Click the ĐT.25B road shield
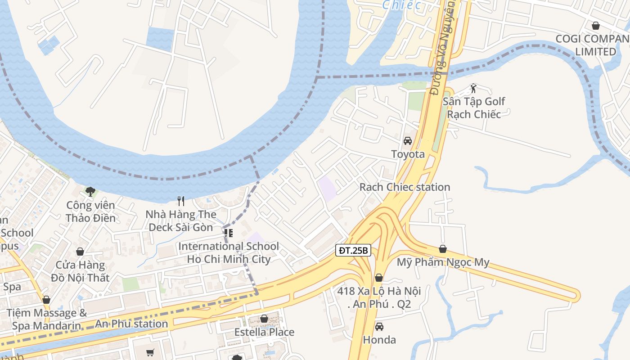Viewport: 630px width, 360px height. pyautogui.click(x=353, y=251)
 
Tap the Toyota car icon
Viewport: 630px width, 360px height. pyautogui.click(x=408, y=141)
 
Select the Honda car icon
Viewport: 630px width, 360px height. pyautogui.click(x=379, y=327)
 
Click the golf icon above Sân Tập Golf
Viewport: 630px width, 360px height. pyautogui.click(x=473, y=88)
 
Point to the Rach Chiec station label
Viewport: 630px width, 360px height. pyautogui.click(x=405, y=187)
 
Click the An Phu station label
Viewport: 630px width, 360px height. pyautogui.click(x=131, y=324)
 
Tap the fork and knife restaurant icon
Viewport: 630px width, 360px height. pyautogui.click(x=181, y=201)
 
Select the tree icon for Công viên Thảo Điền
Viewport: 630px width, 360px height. pyautogui.click(x=90, y=192)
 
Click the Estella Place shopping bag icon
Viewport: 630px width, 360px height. pyautogui.click(x=264, y=319)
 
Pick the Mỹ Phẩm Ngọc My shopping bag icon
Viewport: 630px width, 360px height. pyautogui.click(x=443, y=249)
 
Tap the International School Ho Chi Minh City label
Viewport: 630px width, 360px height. pyautogui.click(x=229, y=252)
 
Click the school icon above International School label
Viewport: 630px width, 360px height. pyautogui.click(x=229, y=233)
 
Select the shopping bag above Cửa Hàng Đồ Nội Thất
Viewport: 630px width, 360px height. pyautogui.click(x=80, y=252)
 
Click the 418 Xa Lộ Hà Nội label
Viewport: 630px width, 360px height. pyautogui.click(x=379, y=297)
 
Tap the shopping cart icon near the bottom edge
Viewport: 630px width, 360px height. pyautogui.click(x=150, y=352)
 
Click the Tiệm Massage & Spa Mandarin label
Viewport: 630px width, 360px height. pyautogui.click(x=47, y=319)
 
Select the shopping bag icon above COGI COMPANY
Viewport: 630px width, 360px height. pyautogui.click(x=596, y=26)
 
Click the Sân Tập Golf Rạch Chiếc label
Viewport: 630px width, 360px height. pyautogui.click(x=473, y=108)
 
